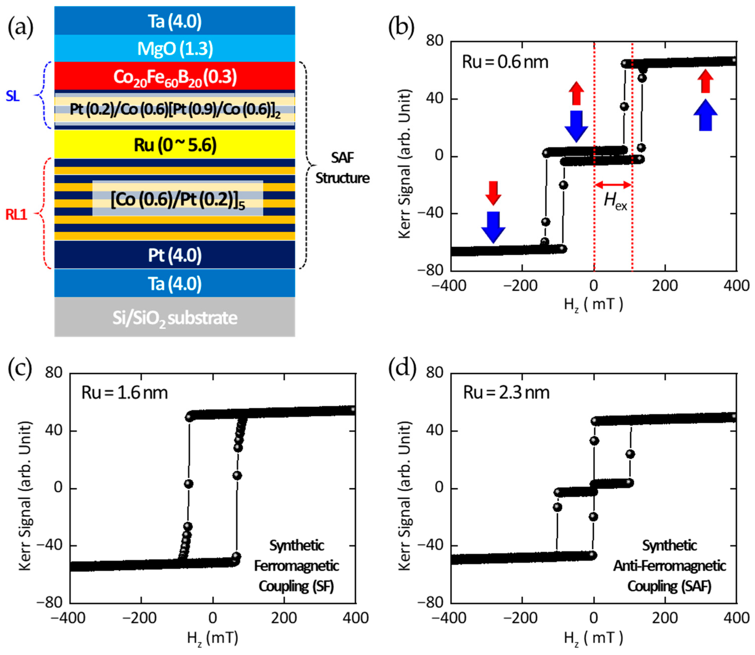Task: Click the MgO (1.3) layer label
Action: [175, 49]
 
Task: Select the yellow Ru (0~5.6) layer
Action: [175, 145]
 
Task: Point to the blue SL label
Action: [13, 96]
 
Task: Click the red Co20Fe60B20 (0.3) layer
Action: [175, 77]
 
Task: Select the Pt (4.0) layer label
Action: [175, 255]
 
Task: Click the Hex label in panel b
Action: [615, 201]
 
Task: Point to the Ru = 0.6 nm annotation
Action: [505, 62]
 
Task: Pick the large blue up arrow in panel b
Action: [705, 115]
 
